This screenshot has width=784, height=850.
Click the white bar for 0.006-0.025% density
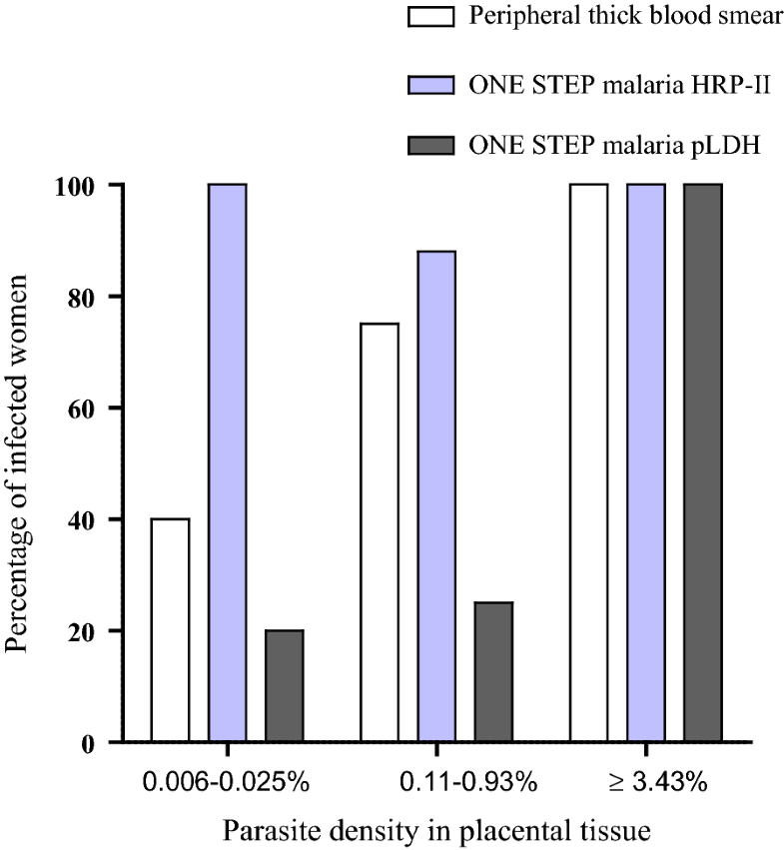tap(170, 630)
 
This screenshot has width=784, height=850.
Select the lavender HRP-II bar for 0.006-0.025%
tap(228, 463)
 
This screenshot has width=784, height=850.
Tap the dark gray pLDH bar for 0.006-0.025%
tap(285, 686)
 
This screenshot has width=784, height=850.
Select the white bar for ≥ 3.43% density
tap(588, 463)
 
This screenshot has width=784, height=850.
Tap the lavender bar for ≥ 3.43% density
tap(645, 463)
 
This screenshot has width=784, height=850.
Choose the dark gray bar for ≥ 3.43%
tap(702, 463)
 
